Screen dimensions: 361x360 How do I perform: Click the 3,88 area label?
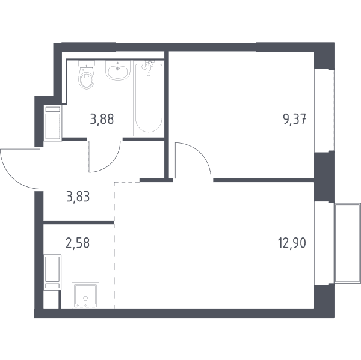pos(102,120)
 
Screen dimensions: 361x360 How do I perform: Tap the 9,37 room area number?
pos(294,120)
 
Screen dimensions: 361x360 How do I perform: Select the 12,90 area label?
pos(292,243)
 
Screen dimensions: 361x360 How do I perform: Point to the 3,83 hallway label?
pos(78,197)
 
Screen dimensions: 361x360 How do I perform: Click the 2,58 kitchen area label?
pos(78,243)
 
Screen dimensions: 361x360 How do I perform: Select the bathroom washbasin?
pos(118,70)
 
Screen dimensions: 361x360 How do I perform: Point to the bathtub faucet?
pos(147,66)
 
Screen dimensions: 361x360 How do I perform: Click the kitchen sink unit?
pos(85,296)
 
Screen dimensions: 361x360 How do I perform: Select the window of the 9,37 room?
pos(324,111)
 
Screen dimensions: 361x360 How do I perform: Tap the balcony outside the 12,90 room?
pos(347,243)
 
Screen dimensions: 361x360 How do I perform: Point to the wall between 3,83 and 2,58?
pos(79,222)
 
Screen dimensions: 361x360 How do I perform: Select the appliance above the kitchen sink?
pos(53,272)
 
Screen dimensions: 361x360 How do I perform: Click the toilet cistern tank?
pos(87,64)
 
